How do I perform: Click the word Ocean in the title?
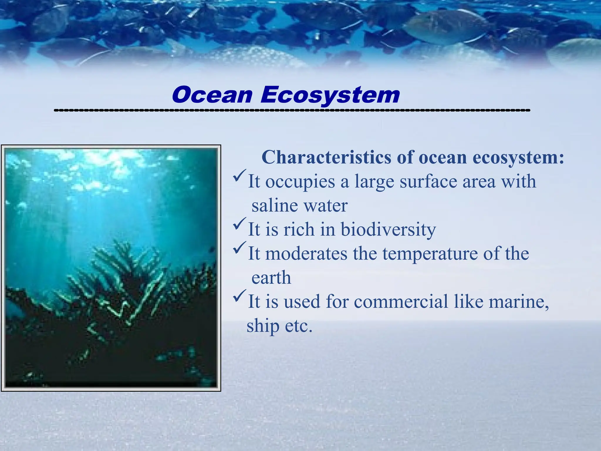[212, 95]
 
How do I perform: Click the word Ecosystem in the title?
[330, 95]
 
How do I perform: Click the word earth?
[271, 278]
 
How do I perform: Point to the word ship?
[263, 326]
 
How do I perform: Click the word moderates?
[306, 254]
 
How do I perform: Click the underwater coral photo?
[111, 268]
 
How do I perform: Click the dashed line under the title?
[292, 110]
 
